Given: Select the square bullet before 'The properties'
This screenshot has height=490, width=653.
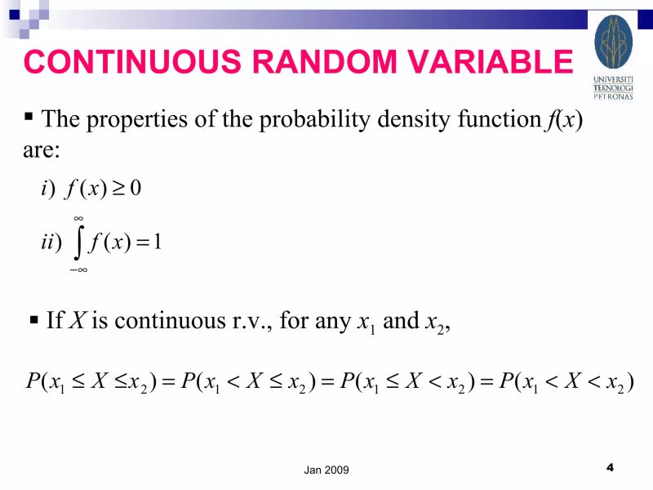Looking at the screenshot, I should (x=30, y=116).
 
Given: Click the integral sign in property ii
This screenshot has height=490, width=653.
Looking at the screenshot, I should (x=80, y=243).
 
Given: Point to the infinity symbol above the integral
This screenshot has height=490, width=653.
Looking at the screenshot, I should (x=78, y=218).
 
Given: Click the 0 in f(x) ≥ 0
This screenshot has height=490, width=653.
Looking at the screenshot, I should (x=136, y=189).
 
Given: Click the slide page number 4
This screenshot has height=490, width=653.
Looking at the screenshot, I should (x=610, y=467).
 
